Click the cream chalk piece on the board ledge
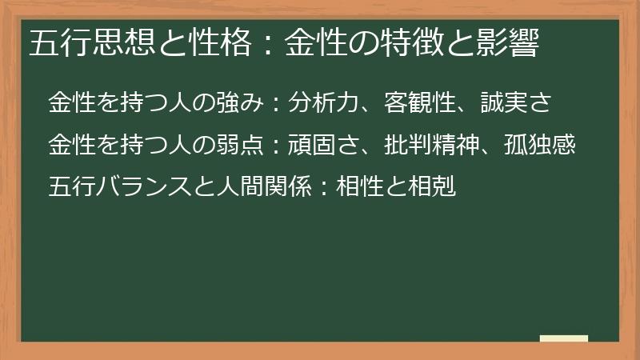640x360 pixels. [x=563, y=338]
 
